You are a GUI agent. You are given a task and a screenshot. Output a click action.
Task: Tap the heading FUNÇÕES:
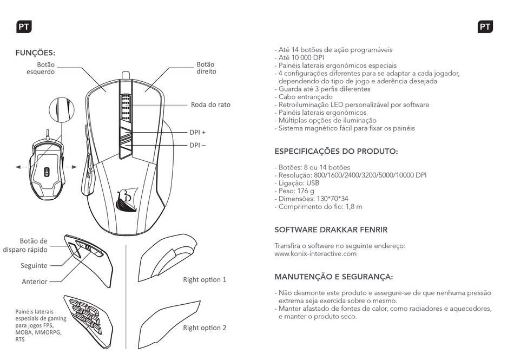point(36,53)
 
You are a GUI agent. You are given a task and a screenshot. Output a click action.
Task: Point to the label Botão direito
point(206,68)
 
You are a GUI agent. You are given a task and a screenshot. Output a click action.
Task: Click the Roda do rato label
point(210,104)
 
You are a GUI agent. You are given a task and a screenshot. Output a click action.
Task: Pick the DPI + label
point(197,132)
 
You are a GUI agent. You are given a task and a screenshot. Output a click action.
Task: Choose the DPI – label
point(197,145)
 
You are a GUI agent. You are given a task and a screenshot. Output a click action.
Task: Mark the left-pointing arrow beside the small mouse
point(21,167)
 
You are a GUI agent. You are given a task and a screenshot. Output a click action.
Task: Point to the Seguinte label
point(34,266)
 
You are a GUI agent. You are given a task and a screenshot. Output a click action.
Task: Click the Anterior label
point(35,282)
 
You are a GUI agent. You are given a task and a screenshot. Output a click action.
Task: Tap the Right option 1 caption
point(205,280)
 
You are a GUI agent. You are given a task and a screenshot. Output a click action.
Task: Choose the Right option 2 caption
point(205,328)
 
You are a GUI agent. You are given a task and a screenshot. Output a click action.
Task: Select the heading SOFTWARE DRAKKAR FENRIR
point(331,230)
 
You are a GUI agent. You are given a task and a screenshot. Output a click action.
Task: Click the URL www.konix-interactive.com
point(315,253)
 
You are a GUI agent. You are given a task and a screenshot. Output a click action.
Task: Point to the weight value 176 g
point(312,191)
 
